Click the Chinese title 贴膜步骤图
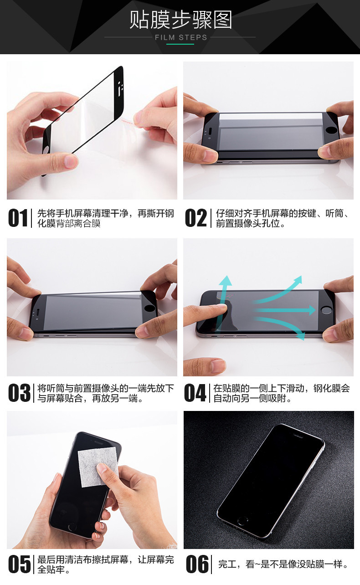[x=180, y=20]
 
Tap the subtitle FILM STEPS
[x=181, y=38]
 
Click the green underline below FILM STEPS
[x=180, y=44]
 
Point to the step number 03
[x=19, y=393]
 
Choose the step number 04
[x=195, y=393]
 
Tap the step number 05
[x=19, y=564]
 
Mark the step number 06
[x=197, y=564]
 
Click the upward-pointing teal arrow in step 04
[x=223, y=300]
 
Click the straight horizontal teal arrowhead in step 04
[x=312, y=310]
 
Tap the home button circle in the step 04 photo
[x=326, y=310]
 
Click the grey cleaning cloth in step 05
[x=98, y=467]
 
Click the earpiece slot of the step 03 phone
[x=38, y=312]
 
